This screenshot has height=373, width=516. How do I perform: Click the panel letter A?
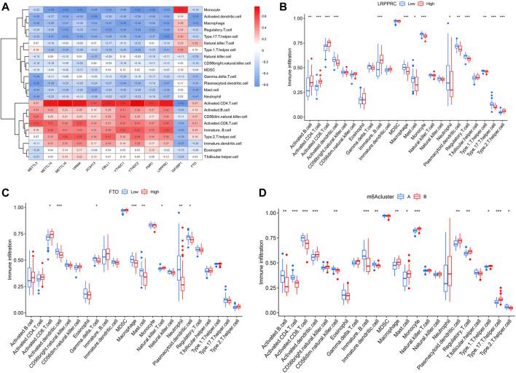pyautogui.click(x=6, y=5)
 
